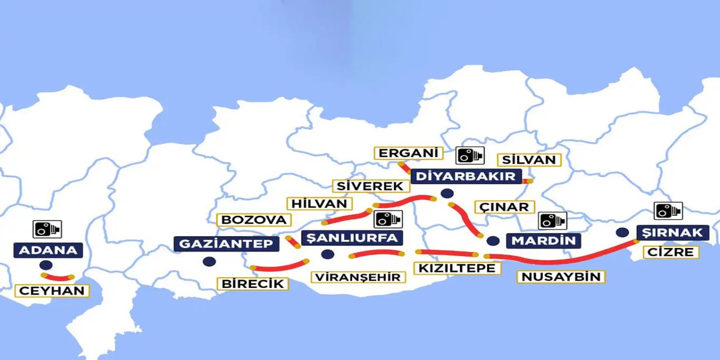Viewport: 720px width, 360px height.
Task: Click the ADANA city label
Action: pyautogui.click(x=48, y=250)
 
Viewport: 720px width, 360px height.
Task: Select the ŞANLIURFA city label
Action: pyautogui.click(x=352, y=238)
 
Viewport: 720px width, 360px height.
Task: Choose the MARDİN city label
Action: pyautogui.click(x=543, y=241)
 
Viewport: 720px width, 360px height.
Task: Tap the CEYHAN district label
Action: pyautogui.click(x=52, y=291)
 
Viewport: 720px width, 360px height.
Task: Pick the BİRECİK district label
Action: pyautogui.click(x=253, y=283)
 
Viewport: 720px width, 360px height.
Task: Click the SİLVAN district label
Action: pyautogui.click(x=529, y=160)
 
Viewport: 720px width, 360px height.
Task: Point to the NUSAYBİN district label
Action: pyautogui.click(x=561, y=277)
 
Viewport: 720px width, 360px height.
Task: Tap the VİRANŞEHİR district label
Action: pyautogui.click(x=358, y=277)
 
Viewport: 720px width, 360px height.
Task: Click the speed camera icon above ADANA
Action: pyautogui.click(x=47, y=229)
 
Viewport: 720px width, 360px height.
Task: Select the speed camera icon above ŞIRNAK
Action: pyautogui.click(x=668, y=211)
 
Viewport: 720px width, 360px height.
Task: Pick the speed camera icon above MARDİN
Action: pyautogui.click(x=552, y=220)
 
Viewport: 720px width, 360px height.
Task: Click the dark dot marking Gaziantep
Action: pyautogui.click(x=209, y=261)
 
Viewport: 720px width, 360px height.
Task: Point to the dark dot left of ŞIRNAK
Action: pyautogui.click(x=622, y=232)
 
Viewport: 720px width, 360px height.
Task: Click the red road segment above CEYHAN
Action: pyautogui.click(x=57, y=277)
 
